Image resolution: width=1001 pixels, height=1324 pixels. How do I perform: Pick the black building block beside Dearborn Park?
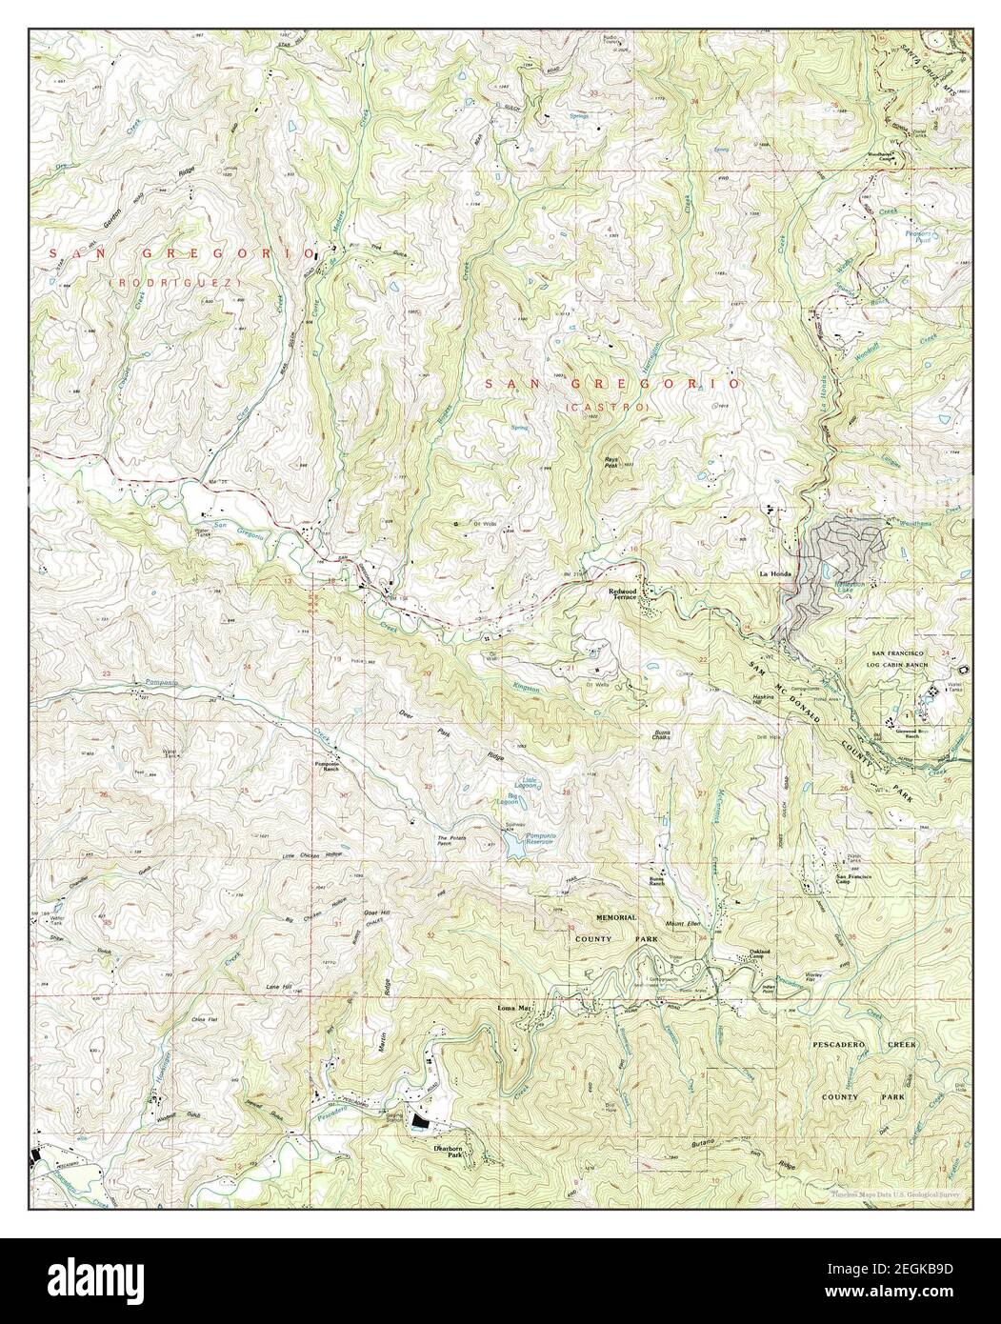[x=419, y=1124]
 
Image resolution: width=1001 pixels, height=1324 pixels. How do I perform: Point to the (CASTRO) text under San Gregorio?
[x=608, y=408]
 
